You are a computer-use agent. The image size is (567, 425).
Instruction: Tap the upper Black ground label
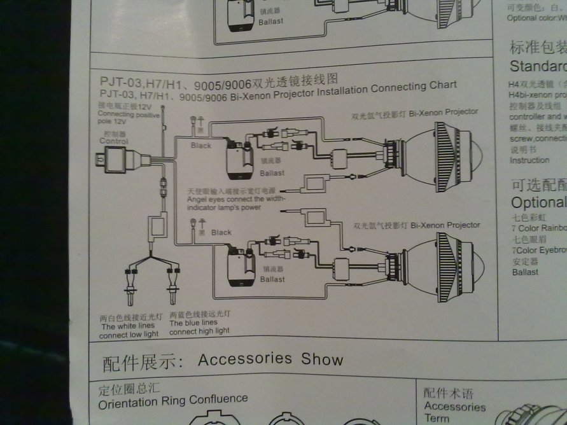201,145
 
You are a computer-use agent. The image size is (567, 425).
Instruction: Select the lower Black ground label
221,232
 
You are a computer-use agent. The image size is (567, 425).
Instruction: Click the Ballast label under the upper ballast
272,173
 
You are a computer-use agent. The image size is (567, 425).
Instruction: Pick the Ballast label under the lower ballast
272,279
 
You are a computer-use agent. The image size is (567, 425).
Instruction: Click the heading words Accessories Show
270,359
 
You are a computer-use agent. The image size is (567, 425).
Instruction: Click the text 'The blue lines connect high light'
199,326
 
